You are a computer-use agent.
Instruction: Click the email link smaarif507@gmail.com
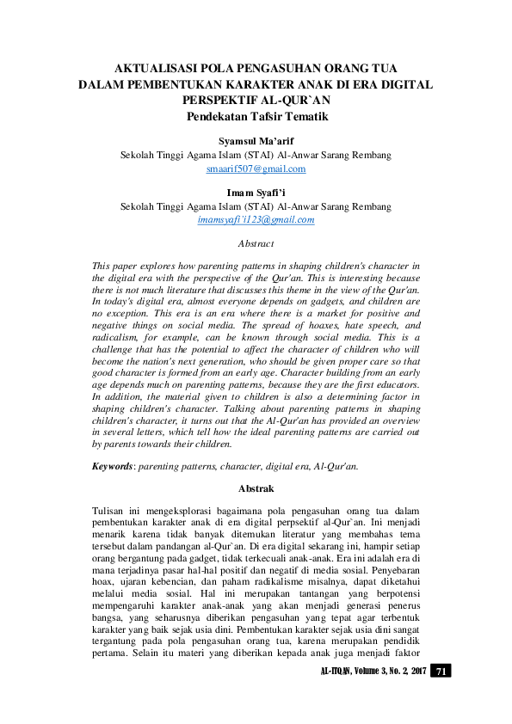(x=256, y=169)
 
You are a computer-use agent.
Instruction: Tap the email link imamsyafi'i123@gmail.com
(x=256, y=220)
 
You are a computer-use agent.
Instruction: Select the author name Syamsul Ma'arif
(x=256, y=141)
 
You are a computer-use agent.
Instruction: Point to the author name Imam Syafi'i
(x=256, y=193)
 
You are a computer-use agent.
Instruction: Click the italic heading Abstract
(x=256, y=244)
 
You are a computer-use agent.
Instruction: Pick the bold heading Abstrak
(x=256, y=488)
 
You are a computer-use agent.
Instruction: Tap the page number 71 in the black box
(x=440, y=671)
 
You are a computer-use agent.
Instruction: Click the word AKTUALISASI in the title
(x=162, y=69)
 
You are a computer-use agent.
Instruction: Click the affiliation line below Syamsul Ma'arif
(x=256, y=155)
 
